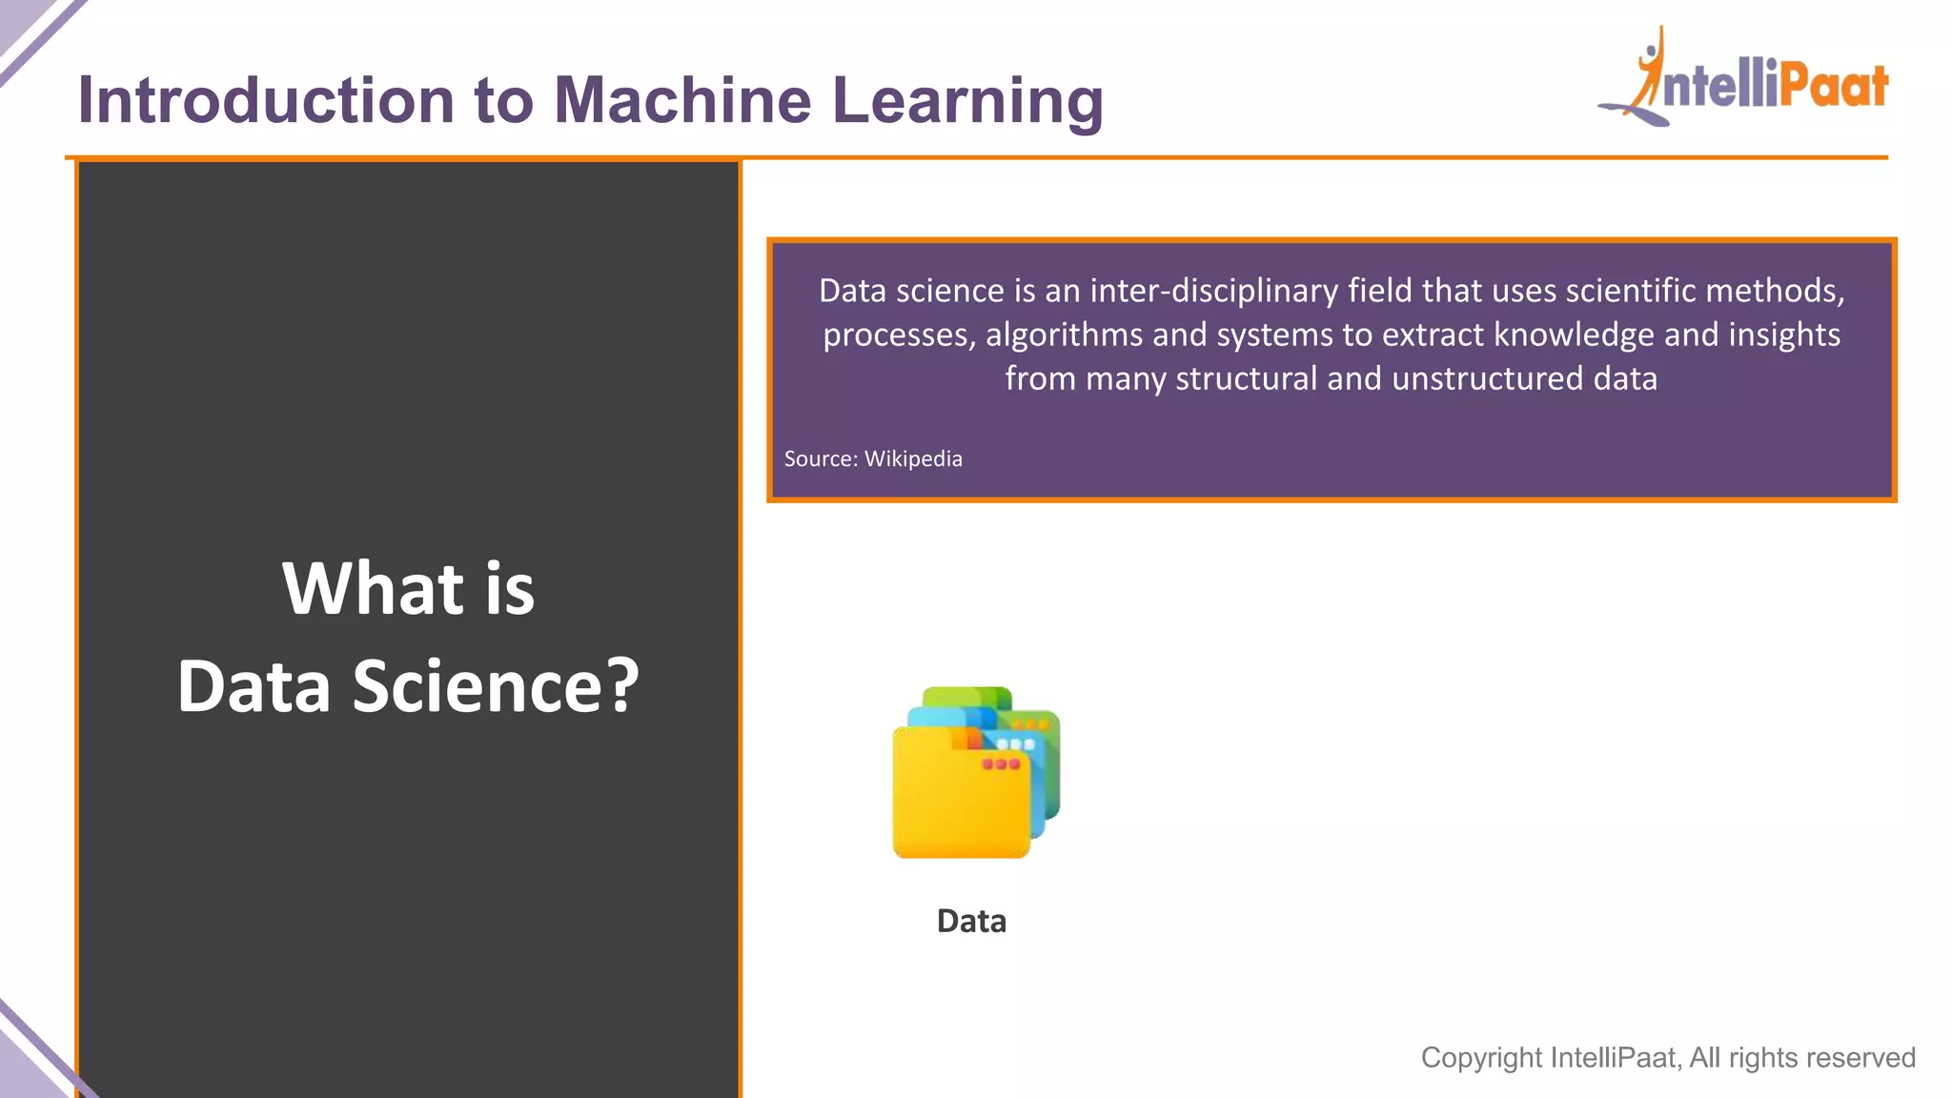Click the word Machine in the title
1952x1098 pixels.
point(682,100)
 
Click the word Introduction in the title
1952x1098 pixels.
point(266,100)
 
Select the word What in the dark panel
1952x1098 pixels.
point(373,588)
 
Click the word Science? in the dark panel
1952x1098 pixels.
point(496,686)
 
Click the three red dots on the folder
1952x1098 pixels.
point(1001,764)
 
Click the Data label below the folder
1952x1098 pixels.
point(971,921)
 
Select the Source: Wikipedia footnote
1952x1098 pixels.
point(872,458)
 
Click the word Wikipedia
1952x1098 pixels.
point(913,458)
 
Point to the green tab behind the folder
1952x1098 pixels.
point(967,696)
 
